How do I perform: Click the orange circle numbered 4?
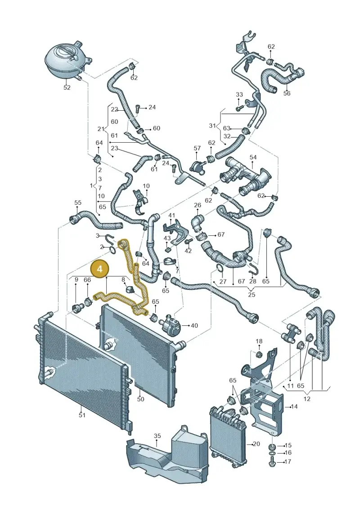tap(100, 269)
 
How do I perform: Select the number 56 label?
tap(287, 94)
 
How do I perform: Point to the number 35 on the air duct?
tap(157, 436)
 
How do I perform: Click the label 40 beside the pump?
tap(194, 325)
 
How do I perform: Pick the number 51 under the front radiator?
tap(82, 414)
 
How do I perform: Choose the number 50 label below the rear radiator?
tap(140, 399)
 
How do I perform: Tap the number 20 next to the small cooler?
tap(256, 443)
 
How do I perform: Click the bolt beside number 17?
tap(272, 461)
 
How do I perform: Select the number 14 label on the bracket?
tap(294, 406)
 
